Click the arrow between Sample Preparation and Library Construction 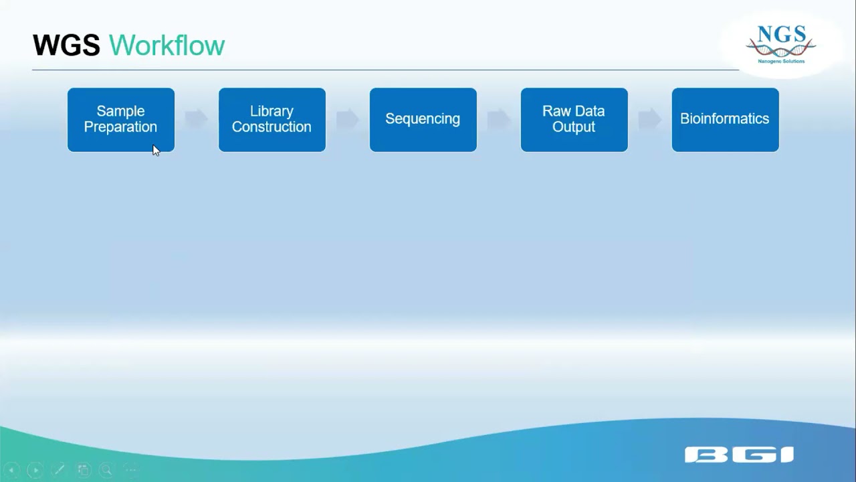(196, 119)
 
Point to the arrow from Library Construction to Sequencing (347, 119)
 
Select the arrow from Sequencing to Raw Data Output (498, 119)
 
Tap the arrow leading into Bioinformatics (649, 119)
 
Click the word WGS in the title (66, 46)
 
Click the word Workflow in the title (167, 46)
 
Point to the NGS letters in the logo (780, 33)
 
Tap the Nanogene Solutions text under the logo (781, 61)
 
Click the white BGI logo (739, 455)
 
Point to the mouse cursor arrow (155, 150)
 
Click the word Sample (120, 111)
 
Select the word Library (272, 111)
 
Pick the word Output (574, 127)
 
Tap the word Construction (272, 127)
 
